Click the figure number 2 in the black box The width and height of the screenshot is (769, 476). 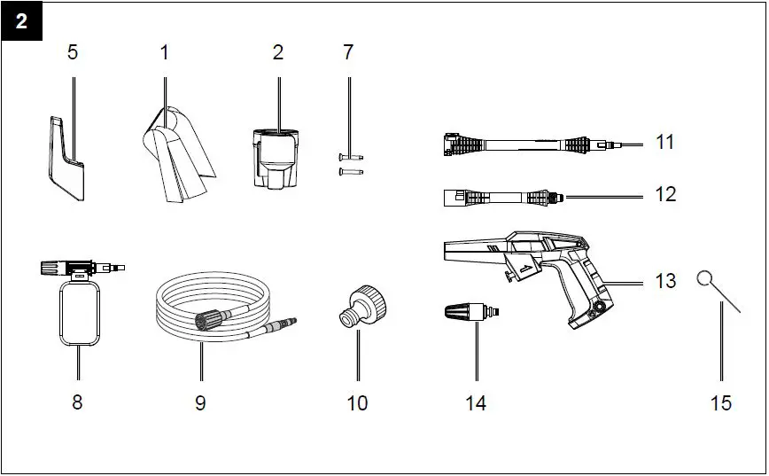tap(21, 22)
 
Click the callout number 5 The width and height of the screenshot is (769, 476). tap(73, 52)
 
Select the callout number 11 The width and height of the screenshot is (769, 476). tap(665, 142)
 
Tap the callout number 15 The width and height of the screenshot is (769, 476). tap(721, 402)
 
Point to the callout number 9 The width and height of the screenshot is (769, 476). tap(200, 402)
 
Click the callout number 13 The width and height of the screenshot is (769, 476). tap(665, 281)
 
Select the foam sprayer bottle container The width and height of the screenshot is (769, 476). tap(78, 312)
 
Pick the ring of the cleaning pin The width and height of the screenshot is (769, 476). tap(705, 279)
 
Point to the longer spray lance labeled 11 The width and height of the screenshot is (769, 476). tap(523, 143)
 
